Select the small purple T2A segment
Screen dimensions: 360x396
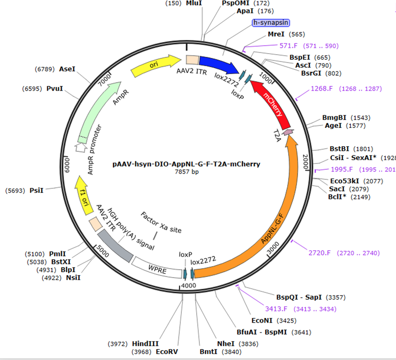[x=288, y=133]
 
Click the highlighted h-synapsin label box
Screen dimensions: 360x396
[x=271, y=22]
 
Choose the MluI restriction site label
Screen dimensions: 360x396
[x=194, y=3]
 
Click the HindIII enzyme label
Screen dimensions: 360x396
[x=146, y=344]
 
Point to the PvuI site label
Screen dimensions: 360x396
[x=55, y=88]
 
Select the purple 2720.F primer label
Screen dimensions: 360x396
[x=319, y=253]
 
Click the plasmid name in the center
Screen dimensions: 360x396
[x=187, y=164]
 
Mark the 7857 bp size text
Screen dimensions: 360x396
[x=187, y=172]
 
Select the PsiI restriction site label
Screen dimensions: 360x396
[x=36, y=190]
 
